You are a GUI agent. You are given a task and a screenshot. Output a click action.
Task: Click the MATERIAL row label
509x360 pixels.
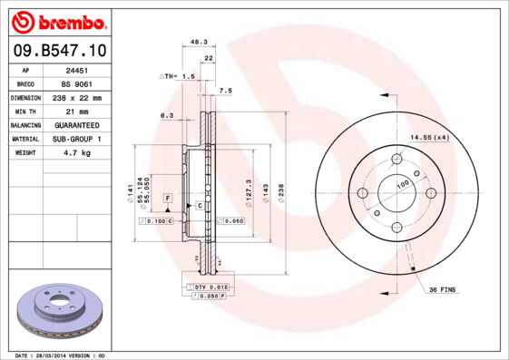pyautogui.click(x=24, y=138)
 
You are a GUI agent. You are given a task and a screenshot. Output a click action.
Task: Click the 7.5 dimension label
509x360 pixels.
pyautogui.click(x=225, y=91)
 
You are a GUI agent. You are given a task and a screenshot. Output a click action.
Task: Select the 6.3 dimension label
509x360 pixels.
pyautogui.click(x=166, y=115)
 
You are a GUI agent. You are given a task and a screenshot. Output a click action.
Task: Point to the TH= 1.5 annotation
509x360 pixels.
pyautogui.click(x=178, y=77)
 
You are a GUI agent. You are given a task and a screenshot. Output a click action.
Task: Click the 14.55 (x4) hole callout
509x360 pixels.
pyautogui.click(x=429, y=137)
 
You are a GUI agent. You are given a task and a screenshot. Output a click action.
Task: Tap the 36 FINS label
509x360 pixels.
pyautogui.click(x=442, y=289)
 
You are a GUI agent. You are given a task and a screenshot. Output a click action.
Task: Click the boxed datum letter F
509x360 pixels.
pyautogui.click(x=167, y=197)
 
